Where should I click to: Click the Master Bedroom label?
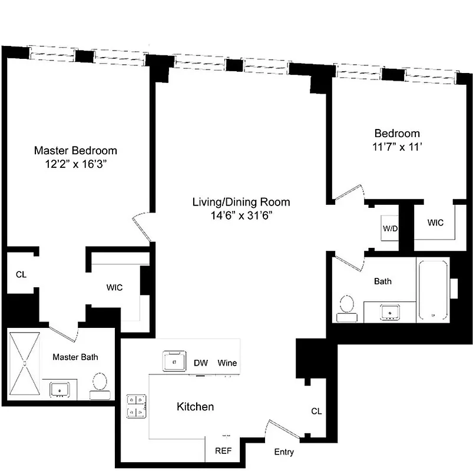(75, 150)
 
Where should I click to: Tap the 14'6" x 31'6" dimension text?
(241, 215)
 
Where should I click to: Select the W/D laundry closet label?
(389, 228)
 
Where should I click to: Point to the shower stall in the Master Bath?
(25, 363)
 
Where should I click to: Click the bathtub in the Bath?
(433, 290)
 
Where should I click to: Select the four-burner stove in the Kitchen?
(137, 406)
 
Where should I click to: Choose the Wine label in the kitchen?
(227, 363)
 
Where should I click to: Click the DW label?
(200, 363)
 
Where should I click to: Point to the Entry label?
(284, 452)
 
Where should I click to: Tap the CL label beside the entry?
(316, 411)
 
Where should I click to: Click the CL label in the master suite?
(21, 274)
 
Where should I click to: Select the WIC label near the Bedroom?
(435, 223)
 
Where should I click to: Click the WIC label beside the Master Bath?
(114, 288)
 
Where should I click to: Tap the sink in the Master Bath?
(60, 389)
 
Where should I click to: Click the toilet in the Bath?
(346, 307)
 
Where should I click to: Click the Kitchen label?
(195, 407)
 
